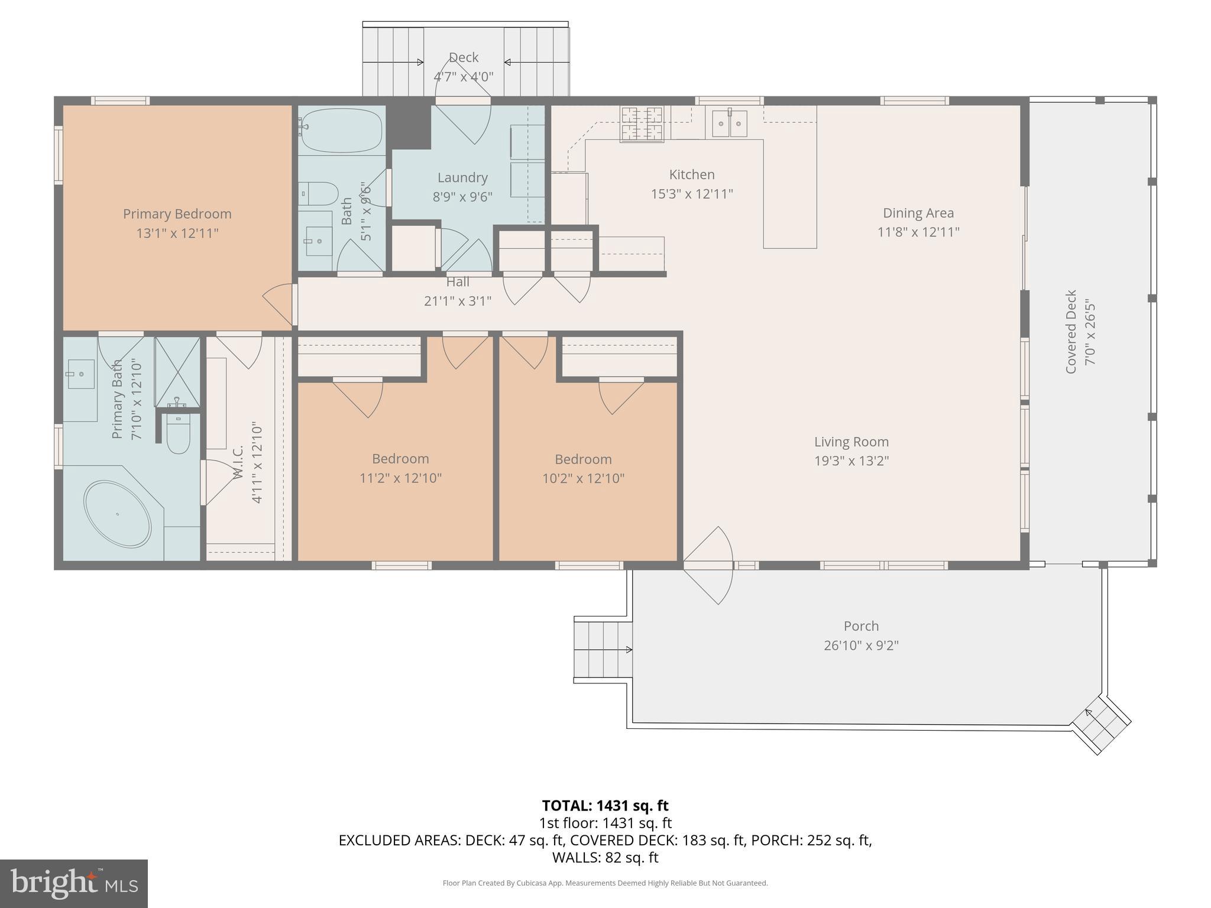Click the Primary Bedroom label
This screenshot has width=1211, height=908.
pos(177,214)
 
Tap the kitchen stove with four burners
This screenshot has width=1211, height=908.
pos(642,124)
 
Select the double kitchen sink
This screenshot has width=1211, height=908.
pos(730,124)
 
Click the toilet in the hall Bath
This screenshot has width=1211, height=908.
pos(318,193)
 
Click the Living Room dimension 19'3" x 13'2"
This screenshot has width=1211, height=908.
pos(851,461)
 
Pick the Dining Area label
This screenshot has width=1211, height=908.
pos(918,213)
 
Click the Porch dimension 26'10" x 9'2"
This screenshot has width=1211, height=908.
pos(861,646)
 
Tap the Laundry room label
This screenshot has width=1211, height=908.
pos(462,177)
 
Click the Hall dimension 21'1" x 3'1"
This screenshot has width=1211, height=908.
pos(458,301)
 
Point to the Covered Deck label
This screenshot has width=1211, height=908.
pos(1071,331)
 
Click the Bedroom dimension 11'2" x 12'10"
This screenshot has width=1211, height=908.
pos(400,478)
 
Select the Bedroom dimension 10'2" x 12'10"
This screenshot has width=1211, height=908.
pos(583,478)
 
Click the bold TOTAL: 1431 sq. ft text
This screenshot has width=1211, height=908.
pos(605,806)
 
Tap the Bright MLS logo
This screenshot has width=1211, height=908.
pos(73,883)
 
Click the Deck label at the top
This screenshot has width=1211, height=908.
pos(463,57)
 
